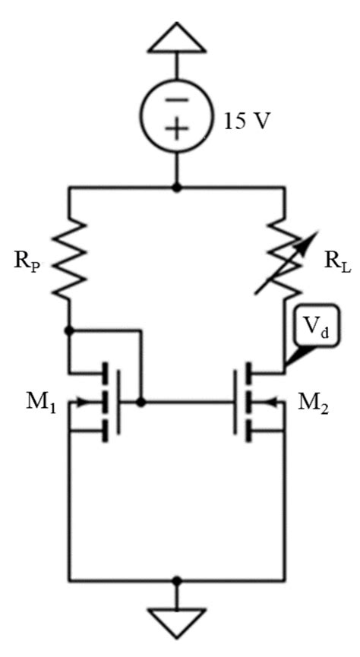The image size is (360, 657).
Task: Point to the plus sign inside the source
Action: tap(177, 130)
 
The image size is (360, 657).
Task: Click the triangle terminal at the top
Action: tap(177, 38)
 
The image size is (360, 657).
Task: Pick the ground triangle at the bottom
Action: tap(177, 621)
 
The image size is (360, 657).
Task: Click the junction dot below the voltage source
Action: tap(177, 187)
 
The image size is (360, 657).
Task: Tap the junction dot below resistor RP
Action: tap(69, 331)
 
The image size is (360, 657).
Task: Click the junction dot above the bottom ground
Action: tap(177, 580)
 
